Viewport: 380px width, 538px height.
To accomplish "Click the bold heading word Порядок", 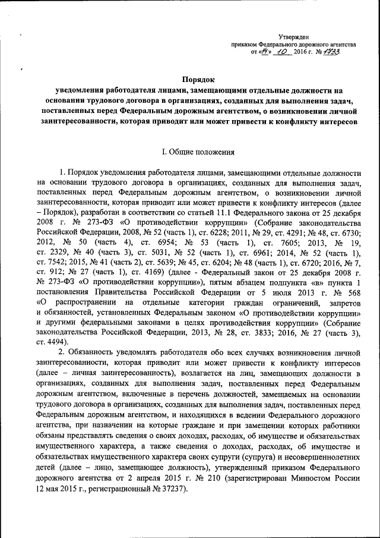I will click(x=198, y=80).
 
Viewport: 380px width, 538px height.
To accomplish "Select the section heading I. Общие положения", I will click(x=197, y=152).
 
